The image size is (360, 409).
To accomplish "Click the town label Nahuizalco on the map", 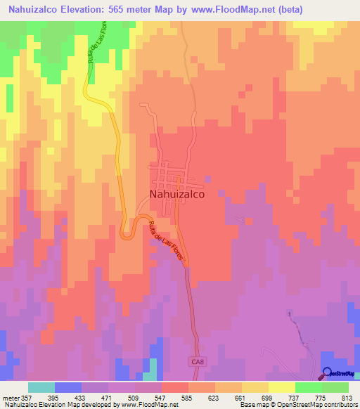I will [x=176, y=197].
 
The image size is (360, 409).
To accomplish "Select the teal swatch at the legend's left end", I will [x=41, y=388].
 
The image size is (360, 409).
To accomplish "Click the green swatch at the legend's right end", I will [x=335, y=388].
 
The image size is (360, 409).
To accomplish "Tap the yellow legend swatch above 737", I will [x=282, y=388].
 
